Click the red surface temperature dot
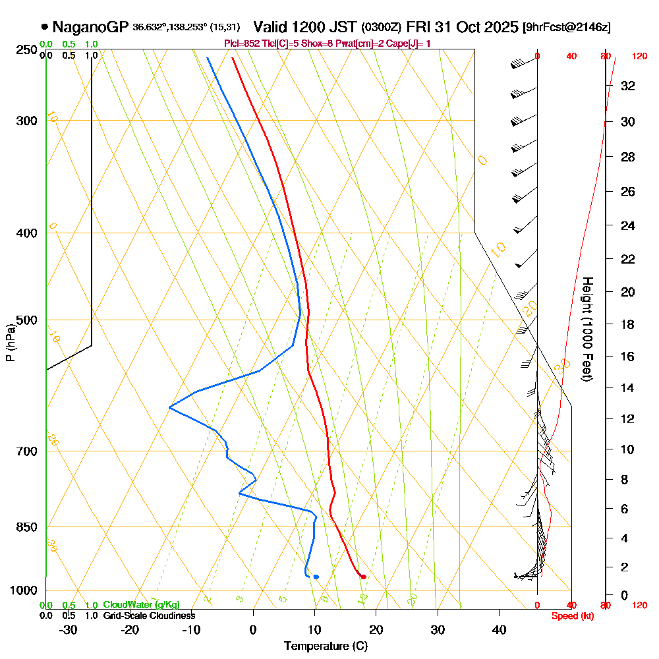pyautogui.click(x=364, y=577)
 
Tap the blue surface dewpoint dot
pyautogui.click(x=316, y=577)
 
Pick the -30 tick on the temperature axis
pyautogui.click(x=69, y=630)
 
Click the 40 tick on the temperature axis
pyautogui.click(x=500, y=630)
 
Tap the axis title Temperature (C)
pyautogui.click(x=326, y=646)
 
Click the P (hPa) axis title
pyautogui.click(x=10, y=343)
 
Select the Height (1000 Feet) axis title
pyautogui.click(x=586, y=329)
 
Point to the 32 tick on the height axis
pyautogui.click(x=628, y=86)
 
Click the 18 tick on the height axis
pyautogui.click(x=628, y=324)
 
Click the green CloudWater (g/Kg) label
pyautogui.click(x=141, y=605)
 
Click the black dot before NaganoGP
pyautogui.click(x=44, y=27)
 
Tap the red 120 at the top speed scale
pyautogui.click(x=639, y=57)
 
